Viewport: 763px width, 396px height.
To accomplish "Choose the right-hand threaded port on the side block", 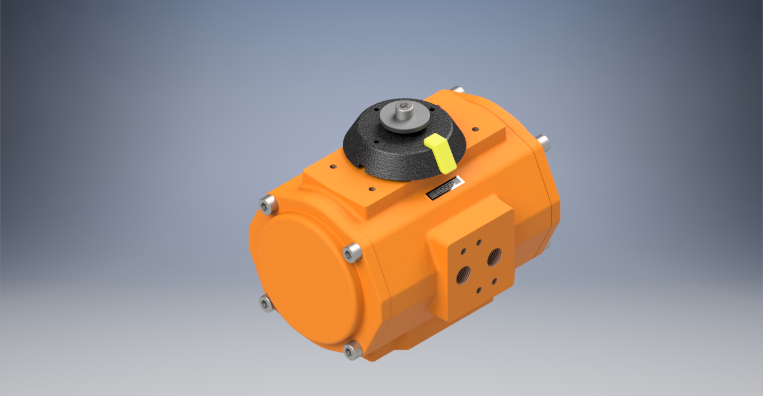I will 494,257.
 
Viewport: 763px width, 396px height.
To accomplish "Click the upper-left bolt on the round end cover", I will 268,204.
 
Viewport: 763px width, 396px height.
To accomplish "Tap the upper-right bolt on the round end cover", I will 352,252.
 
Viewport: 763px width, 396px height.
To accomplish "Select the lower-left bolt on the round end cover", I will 266,303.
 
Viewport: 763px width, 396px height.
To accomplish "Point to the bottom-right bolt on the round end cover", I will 351,350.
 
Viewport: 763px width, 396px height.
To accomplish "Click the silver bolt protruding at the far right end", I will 543,141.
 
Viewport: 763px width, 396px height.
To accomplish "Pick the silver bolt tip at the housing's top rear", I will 457,90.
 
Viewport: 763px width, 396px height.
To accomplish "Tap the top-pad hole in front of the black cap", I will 371,189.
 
